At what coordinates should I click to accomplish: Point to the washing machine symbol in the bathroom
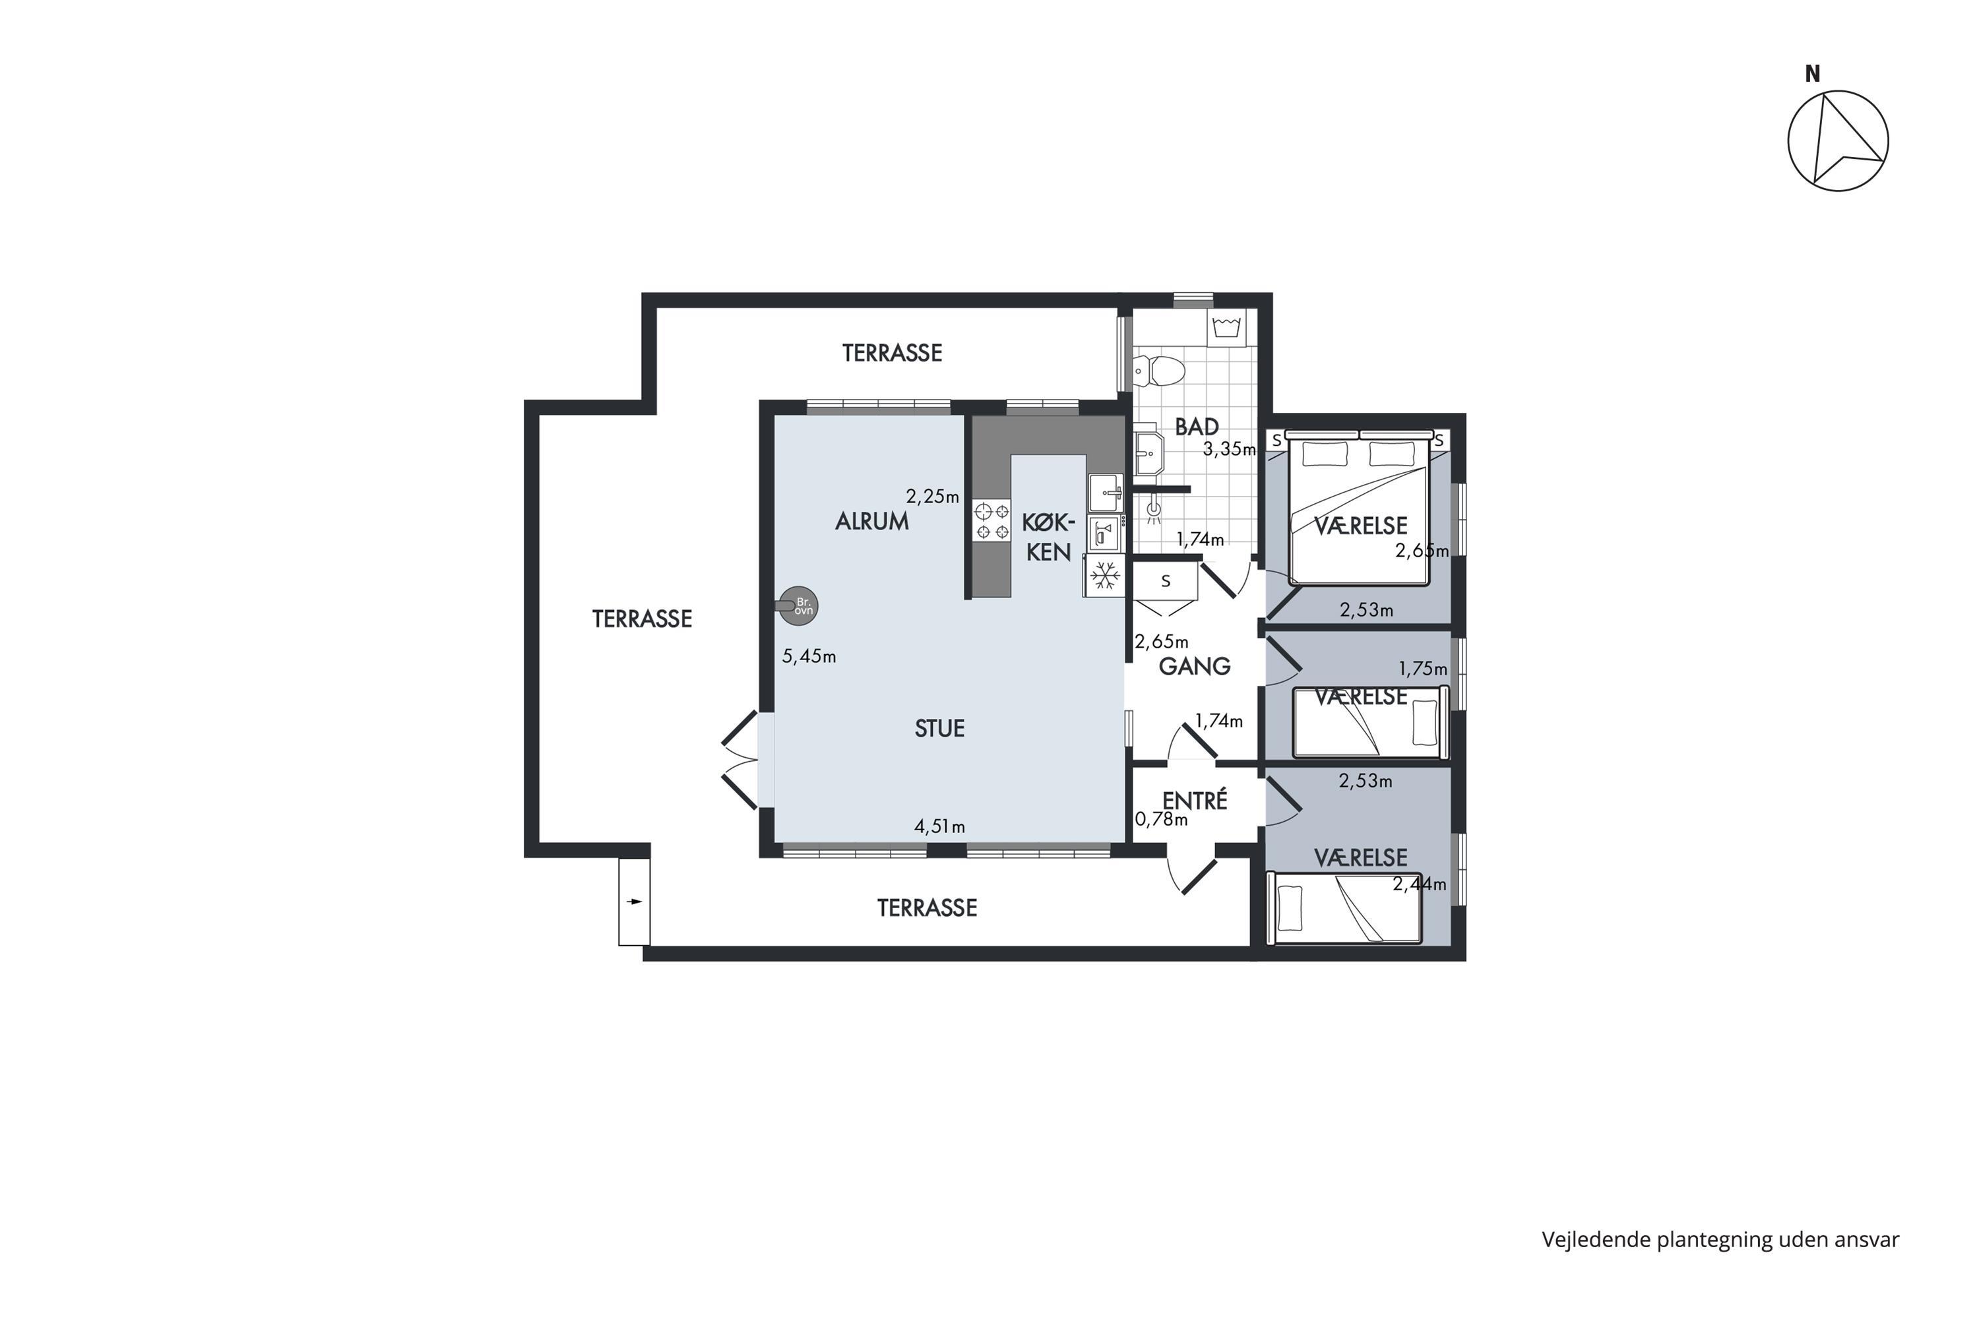1227,327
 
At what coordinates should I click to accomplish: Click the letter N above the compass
1812,74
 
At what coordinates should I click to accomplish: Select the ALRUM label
871,522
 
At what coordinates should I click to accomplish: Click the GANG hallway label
1194,666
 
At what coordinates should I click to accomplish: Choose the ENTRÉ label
1195,800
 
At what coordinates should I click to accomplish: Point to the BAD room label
1197,427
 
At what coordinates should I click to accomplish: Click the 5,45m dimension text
809,656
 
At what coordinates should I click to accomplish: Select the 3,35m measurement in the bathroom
1230,449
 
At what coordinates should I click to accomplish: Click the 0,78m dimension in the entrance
1161,819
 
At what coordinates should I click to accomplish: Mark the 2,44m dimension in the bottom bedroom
1420,884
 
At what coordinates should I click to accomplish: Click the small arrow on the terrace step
635,902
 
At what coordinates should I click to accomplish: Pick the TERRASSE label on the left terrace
642,619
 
